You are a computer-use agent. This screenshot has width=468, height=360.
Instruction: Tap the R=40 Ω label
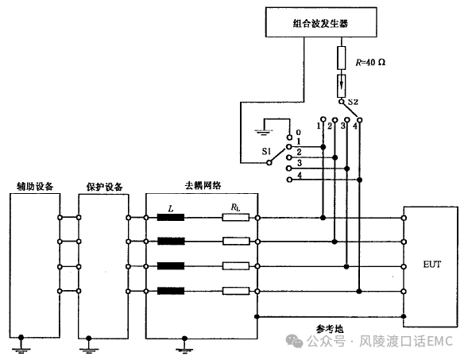(370, 62)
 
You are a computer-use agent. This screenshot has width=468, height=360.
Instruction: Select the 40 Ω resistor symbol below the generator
(342, 58)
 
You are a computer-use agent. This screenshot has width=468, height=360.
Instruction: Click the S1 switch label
(266, 151)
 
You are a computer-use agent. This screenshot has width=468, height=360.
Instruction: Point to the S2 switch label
(353, 102)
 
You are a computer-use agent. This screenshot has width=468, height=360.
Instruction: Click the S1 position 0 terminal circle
(289, 137)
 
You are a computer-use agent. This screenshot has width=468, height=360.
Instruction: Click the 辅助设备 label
(35, 187)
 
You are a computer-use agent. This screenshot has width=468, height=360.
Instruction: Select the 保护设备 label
(104, 187)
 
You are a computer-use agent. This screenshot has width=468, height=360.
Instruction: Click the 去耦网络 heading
(203, 186)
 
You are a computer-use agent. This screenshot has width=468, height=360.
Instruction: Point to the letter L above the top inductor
(171, 209)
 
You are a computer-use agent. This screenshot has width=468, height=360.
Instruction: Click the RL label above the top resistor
(235, 207)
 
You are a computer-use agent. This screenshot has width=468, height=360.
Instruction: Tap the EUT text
(432, 264)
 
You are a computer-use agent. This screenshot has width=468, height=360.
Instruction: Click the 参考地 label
(330, 329)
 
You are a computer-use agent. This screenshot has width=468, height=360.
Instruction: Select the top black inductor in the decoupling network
(171, 217)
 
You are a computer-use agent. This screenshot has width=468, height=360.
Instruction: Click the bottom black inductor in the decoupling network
(171, 291)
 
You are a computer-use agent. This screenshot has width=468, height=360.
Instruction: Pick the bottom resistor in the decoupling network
(236, 291)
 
